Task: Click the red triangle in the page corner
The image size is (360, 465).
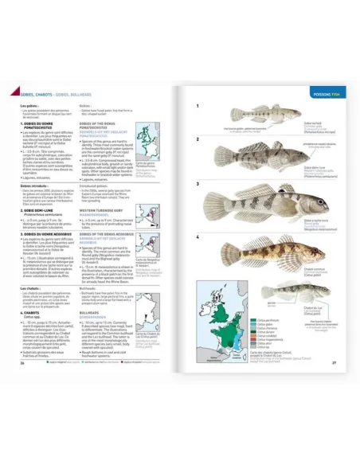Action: tap(14, 89)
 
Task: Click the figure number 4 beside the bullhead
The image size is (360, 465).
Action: tap(198, 236)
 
